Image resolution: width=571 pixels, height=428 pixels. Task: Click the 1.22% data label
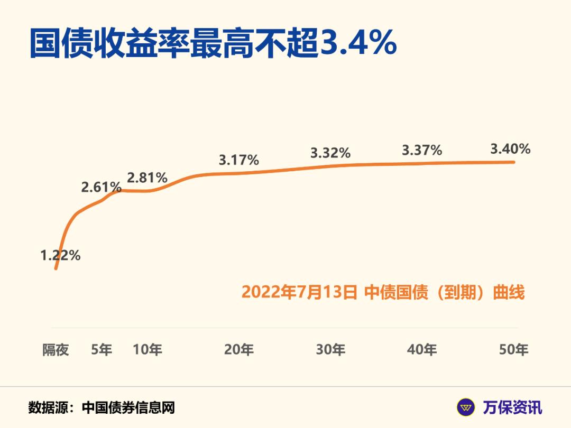pyautogui.click(x=60, y=256)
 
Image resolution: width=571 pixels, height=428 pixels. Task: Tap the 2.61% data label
pyautogui.click(x=101, y=187)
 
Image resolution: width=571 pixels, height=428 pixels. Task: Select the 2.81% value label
pyautogui.click(x=147, y=178)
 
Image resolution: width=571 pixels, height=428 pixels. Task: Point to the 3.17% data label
pyautogui.click(x=239, y=160)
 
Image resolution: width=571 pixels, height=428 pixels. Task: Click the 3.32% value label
pyautogui.click(x=330, y=153)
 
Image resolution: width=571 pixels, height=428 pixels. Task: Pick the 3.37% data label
pyautogui.click(x=422, y=150)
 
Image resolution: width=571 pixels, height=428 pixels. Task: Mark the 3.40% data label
pyautogui.click(x=510, y=149)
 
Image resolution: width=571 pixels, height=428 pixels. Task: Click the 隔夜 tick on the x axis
pyautogui.click(x=56, y=349)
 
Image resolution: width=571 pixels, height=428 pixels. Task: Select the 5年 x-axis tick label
pyautogui.click(x=102, y=349)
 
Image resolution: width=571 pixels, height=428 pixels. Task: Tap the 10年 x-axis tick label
pyautogui.click(x=148, y=349)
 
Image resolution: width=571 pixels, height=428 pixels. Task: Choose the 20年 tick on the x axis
pyautogui.click(x=239, y=349)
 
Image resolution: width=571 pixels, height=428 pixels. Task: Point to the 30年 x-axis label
pyautogui.click(x=330, y=349)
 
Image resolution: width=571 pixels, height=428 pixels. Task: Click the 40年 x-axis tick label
pyautogui.click(x=422, y=349)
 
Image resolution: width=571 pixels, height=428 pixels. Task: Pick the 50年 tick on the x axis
pyautogui.click(x=514, y=349)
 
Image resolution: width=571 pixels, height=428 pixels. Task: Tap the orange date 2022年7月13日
pyautogui.click(x=299, y=292)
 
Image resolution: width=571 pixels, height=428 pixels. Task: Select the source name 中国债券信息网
pyautogui.click(x=128, y=407)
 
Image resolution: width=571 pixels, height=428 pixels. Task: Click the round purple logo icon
pyautogui.click(x=466, y=407)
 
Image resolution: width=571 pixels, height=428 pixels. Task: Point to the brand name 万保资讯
pyautogui.click(x=512, y=407)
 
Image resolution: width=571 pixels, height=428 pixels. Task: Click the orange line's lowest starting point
pyautogui.click(x=56, y=269)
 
